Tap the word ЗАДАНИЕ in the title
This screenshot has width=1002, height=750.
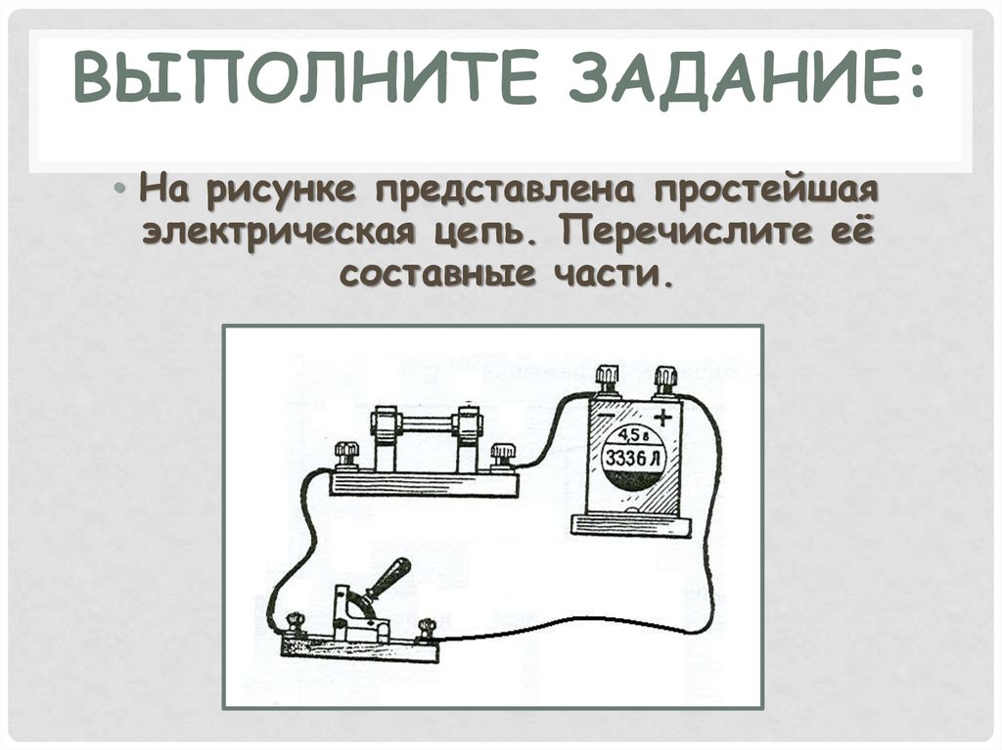coord(726,77)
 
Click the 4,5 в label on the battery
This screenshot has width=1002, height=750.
coord(629,436)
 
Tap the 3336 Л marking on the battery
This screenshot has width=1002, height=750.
coord(634,458)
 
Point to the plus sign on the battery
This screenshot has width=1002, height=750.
coord(663,418)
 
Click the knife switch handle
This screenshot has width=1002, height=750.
coord(387,578)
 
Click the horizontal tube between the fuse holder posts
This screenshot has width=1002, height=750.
coord(427,423)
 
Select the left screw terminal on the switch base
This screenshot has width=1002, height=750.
coord(295,623)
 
